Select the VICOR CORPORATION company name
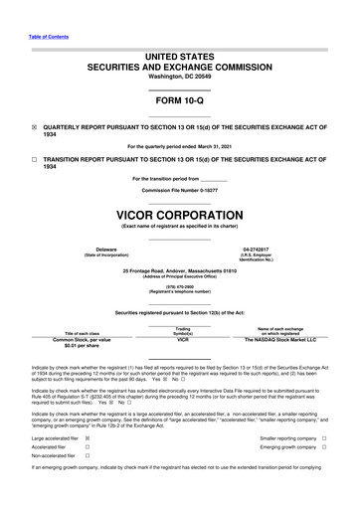tap(179, 216)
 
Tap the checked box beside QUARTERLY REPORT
tap(34, 128)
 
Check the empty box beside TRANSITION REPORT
tap(34, 159)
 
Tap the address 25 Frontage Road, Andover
tap(179, 269)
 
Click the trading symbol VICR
tap(182, 339)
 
